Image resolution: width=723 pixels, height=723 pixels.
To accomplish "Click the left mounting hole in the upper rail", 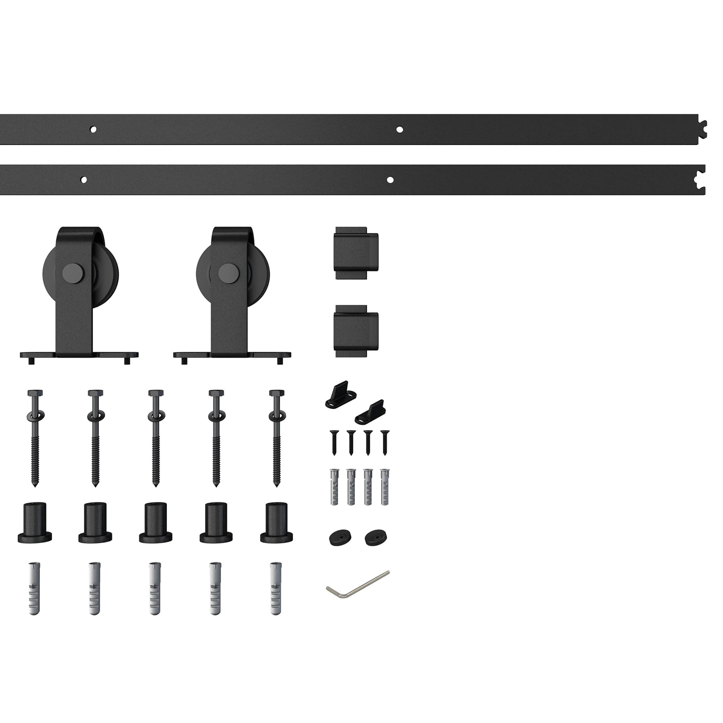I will coord(93,129).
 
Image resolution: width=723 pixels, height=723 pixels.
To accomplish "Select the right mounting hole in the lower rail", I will coord(390,180).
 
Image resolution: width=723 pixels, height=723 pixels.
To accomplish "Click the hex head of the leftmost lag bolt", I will coord(35,393).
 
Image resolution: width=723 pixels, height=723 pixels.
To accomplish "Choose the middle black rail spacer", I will coord(156,523).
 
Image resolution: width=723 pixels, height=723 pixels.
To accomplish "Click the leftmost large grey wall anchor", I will coord(34,589).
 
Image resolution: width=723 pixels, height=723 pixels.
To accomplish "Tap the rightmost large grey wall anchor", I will coord(276,589).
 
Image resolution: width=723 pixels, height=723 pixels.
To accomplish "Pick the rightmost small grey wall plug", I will coord(384,486).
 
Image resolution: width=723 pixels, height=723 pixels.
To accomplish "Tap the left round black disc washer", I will coord(340,538).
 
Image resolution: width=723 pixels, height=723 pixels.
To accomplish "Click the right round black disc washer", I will coord(376,538).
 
